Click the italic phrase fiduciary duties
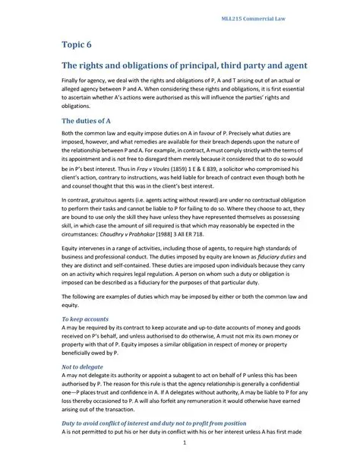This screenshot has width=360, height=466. [x=250, y=257]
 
